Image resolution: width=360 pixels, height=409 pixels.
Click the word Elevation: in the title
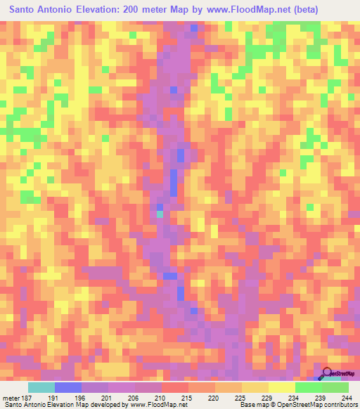click(x=105, y=10)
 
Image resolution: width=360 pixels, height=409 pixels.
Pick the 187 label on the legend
click(x=24, y=397)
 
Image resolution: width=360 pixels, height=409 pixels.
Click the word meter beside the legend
click(x=9, y=397)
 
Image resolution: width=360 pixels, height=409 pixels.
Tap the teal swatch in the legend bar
click(x=41, y=387)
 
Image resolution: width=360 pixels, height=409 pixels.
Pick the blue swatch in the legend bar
click(x=68, y=387)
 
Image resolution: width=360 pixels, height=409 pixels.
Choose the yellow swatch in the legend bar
click(x=282, y=387)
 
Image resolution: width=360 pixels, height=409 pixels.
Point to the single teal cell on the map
click(x=160, y=214)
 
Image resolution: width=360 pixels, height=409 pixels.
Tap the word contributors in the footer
click(x=342, y=405)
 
